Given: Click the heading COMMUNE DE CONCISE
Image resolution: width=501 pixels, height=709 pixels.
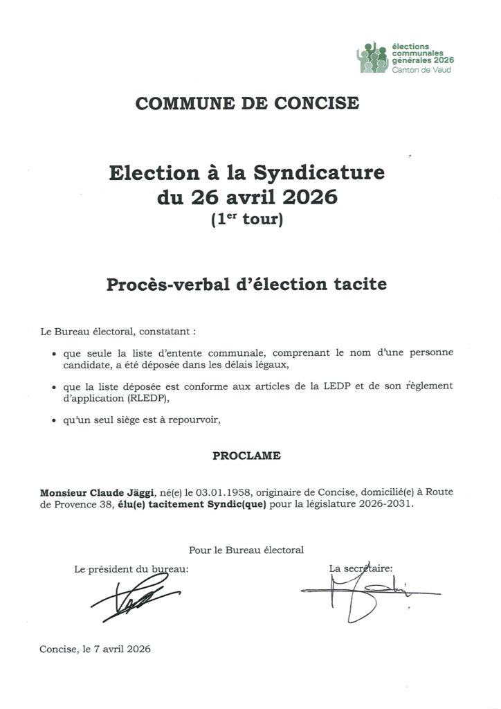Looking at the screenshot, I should [247, 104].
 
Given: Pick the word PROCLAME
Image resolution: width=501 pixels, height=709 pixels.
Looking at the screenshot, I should [246, 456].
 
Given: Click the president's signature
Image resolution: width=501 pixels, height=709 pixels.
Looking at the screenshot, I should [134, 598].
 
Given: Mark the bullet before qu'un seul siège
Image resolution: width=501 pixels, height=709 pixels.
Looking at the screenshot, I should [54, 420].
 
